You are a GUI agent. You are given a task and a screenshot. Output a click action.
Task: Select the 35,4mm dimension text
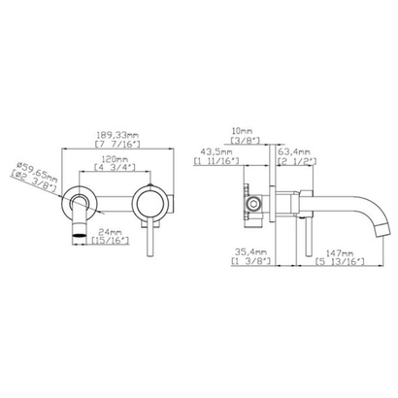(x=246, y=250)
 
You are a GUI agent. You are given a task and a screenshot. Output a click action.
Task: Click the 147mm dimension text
(x=336, y=250)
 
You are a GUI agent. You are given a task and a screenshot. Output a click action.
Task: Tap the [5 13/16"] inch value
(x=336, y=260)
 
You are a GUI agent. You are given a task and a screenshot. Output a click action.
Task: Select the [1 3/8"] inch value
(x=246, y=260)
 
